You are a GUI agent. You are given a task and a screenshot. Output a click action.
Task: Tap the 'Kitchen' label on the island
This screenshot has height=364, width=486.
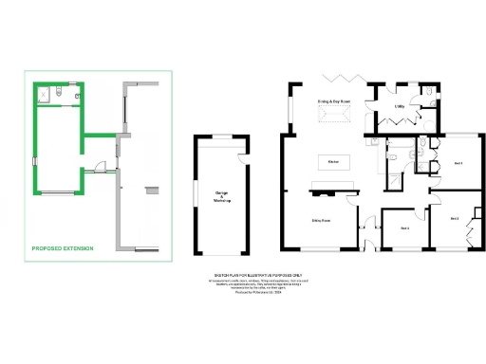[x=333, y=162]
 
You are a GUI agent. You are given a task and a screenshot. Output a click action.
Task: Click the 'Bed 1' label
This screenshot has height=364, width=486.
[x=458, y=164]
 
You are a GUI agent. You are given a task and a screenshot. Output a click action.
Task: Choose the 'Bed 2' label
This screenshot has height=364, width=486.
[x=454, y=218]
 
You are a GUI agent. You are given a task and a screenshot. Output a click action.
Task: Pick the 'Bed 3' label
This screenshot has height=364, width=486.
[x=404, y=228]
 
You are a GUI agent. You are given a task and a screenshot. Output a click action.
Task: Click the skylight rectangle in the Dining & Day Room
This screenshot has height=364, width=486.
[x=332, y=115]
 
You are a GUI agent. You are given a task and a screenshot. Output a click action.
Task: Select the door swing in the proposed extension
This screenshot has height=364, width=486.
[x=96, y=172]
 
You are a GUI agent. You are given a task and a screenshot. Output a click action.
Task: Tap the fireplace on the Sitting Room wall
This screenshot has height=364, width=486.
[x=320, y=191]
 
